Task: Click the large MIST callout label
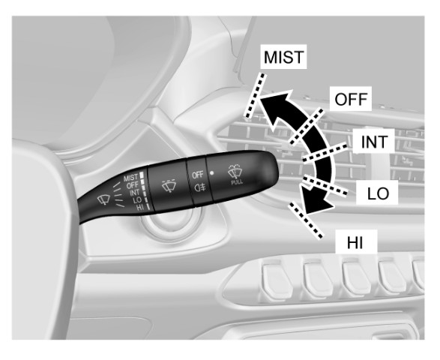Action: point(283,57)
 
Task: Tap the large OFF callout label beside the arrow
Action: point(351,99)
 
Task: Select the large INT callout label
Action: point(374,142)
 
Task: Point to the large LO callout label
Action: point(378,193)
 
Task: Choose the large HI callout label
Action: point(355,242)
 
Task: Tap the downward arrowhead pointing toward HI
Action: point(314,200)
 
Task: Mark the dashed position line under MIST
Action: point(255,95)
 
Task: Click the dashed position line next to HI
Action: point(306,220)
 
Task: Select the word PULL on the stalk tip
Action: point(237,182)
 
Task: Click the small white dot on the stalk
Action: point(212,173)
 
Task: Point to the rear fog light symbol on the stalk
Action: point(200,187)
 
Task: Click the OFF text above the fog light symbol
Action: point(198,175)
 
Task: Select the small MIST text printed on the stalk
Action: point(130,178)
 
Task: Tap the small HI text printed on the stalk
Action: point(139,208)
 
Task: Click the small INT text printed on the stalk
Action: point(135,193)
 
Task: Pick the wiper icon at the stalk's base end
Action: point(103,199)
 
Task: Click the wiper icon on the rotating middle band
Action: point(169,185)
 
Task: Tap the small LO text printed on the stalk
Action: point(137,200)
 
